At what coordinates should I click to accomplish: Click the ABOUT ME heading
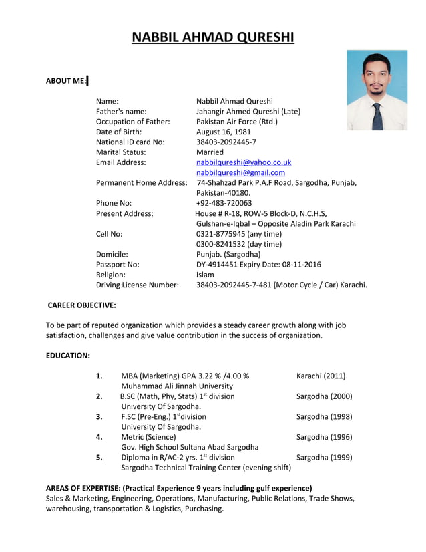(66, 81)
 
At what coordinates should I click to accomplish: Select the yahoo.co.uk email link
(243, 162)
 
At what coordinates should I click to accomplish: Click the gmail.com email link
(240, 172)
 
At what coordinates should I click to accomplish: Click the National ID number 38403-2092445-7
(226, 142)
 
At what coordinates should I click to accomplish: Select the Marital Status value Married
(210, 152)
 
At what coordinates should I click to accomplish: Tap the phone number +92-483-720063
(224, 203)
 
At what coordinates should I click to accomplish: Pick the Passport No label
(118, 265)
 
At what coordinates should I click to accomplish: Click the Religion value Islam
(205, 275)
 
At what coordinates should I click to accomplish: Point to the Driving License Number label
(137, 285)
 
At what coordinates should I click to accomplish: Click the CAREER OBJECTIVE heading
(82, 305)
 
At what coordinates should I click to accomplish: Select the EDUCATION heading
(67, 356)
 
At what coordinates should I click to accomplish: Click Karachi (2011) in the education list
(321, 376)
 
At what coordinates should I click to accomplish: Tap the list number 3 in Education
(99, 417)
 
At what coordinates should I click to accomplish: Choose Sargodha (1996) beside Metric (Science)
(324, 437)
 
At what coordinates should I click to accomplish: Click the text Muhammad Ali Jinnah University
(177, 386)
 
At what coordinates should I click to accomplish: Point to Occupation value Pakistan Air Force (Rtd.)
(236, 122)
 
